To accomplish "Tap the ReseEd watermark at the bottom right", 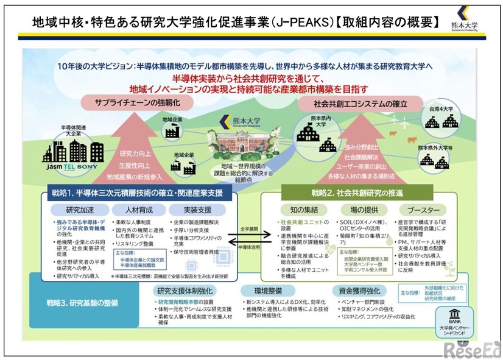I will [x=471, y=349].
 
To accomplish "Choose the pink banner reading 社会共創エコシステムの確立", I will [x=360, y=103].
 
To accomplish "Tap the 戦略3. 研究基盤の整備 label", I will [x=84, y=302].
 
